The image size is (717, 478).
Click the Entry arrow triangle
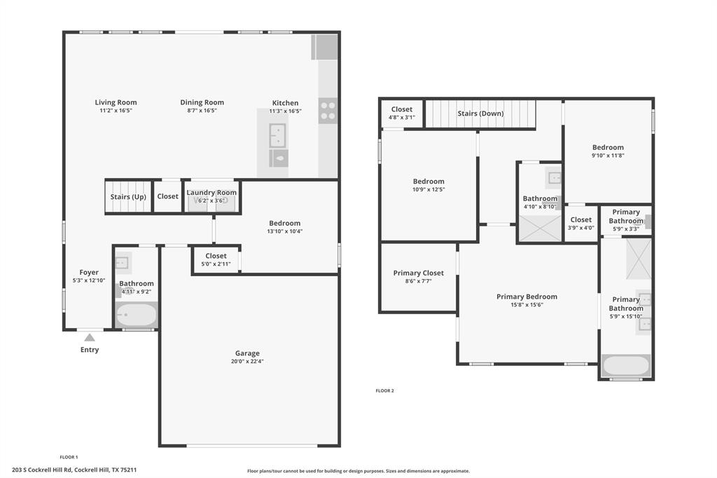(x=90, y=337)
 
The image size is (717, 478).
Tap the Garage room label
(x=247, y=353)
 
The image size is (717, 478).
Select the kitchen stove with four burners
(x=328, y=110)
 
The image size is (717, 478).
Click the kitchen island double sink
(x=277, y=135)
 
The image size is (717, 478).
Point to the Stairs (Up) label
(x=128, y=197)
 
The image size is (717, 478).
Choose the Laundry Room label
(x=211, y=192)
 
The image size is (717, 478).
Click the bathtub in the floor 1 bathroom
(x=137, y=315)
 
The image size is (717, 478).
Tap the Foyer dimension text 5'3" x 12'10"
(x=89, y=280)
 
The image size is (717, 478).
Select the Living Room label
(x=116, y=102)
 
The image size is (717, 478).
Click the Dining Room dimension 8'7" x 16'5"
(x=202, y=110)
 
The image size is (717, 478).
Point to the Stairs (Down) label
(x=480, y=114)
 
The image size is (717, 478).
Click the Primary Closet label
(x=419, y=273)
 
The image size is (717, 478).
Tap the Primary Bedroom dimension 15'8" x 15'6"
(x=527, y=305)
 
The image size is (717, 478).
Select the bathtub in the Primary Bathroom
(x=626, y=366)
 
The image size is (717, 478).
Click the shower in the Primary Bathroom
(x=639, y=259)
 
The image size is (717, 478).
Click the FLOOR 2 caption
(x=384, y=390)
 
